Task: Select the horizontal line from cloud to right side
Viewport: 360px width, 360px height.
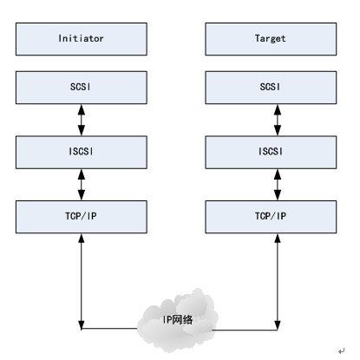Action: point(243,329)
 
